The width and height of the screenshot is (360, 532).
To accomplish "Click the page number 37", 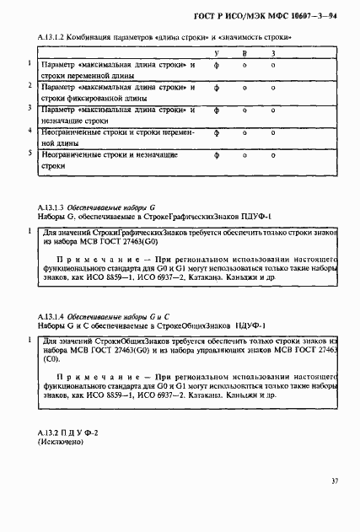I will tap(334, 481).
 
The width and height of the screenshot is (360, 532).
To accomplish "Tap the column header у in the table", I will tap(217, 53).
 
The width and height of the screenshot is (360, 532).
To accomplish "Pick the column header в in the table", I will tap(244, 53).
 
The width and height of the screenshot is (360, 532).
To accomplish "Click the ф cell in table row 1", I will tap(217, 65).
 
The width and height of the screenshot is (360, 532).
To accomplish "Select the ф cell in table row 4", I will tap(217, 132).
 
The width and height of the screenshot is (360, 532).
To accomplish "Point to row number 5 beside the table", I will tap(30, 153).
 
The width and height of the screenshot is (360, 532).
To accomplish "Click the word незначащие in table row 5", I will tap(156, 155).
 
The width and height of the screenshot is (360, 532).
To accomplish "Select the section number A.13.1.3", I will tap(52, 207).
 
